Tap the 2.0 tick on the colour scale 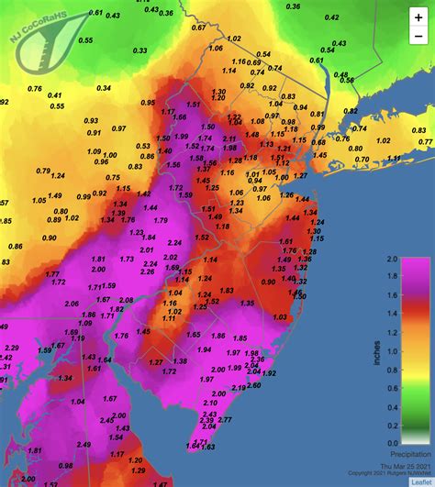(x=392, y=260)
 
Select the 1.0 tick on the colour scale (x=392, y=351)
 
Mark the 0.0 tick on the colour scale (x=392, y=442)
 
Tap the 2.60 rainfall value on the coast (x=252, y=385)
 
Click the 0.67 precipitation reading (x=198, y=28)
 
